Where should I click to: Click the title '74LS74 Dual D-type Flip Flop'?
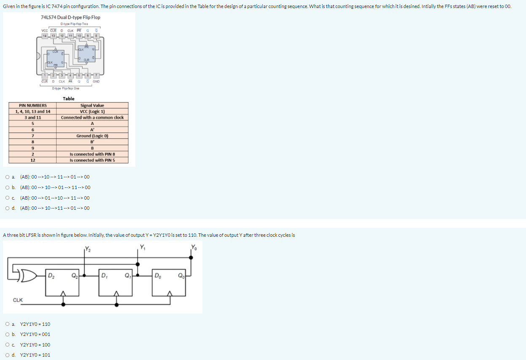[70, 17]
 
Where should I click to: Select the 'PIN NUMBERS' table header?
[32, 106]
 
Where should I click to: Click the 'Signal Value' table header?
[92, 106]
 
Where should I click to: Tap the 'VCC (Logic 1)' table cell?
[92, 111]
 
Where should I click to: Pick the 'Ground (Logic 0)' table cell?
[92, 136]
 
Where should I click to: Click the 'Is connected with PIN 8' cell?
[92, 154]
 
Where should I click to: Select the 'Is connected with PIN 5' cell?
[92, 160]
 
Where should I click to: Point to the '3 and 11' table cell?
[32, 118]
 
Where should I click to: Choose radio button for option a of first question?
[8, 177]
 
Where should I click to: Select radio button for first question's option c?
[8, 198]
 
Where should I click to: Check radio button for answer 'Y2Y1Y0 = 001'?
[8, 334]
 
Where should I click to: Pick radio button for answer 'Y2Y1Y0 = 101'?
[8, 355]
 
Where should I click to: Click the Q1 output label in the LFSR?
[127, 277]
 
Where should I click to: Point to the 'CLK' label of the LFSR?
[18, 300]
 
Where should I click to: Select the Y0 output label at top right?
[194, 247]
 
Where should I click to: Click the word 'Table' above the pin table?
[68, 99]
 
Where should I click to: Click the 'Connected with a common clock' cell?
[92, 118]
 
